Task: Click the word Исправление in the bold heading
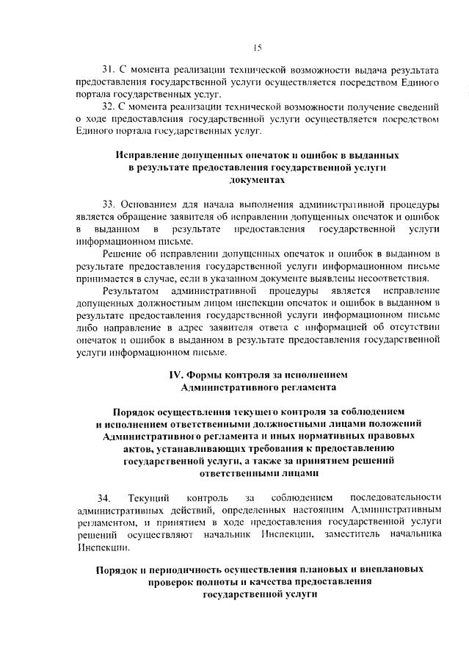[x=149, y=156]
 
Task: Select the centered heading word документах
[x=256, y=179]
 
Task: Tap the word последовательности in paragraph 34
[x=396, y=499]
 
